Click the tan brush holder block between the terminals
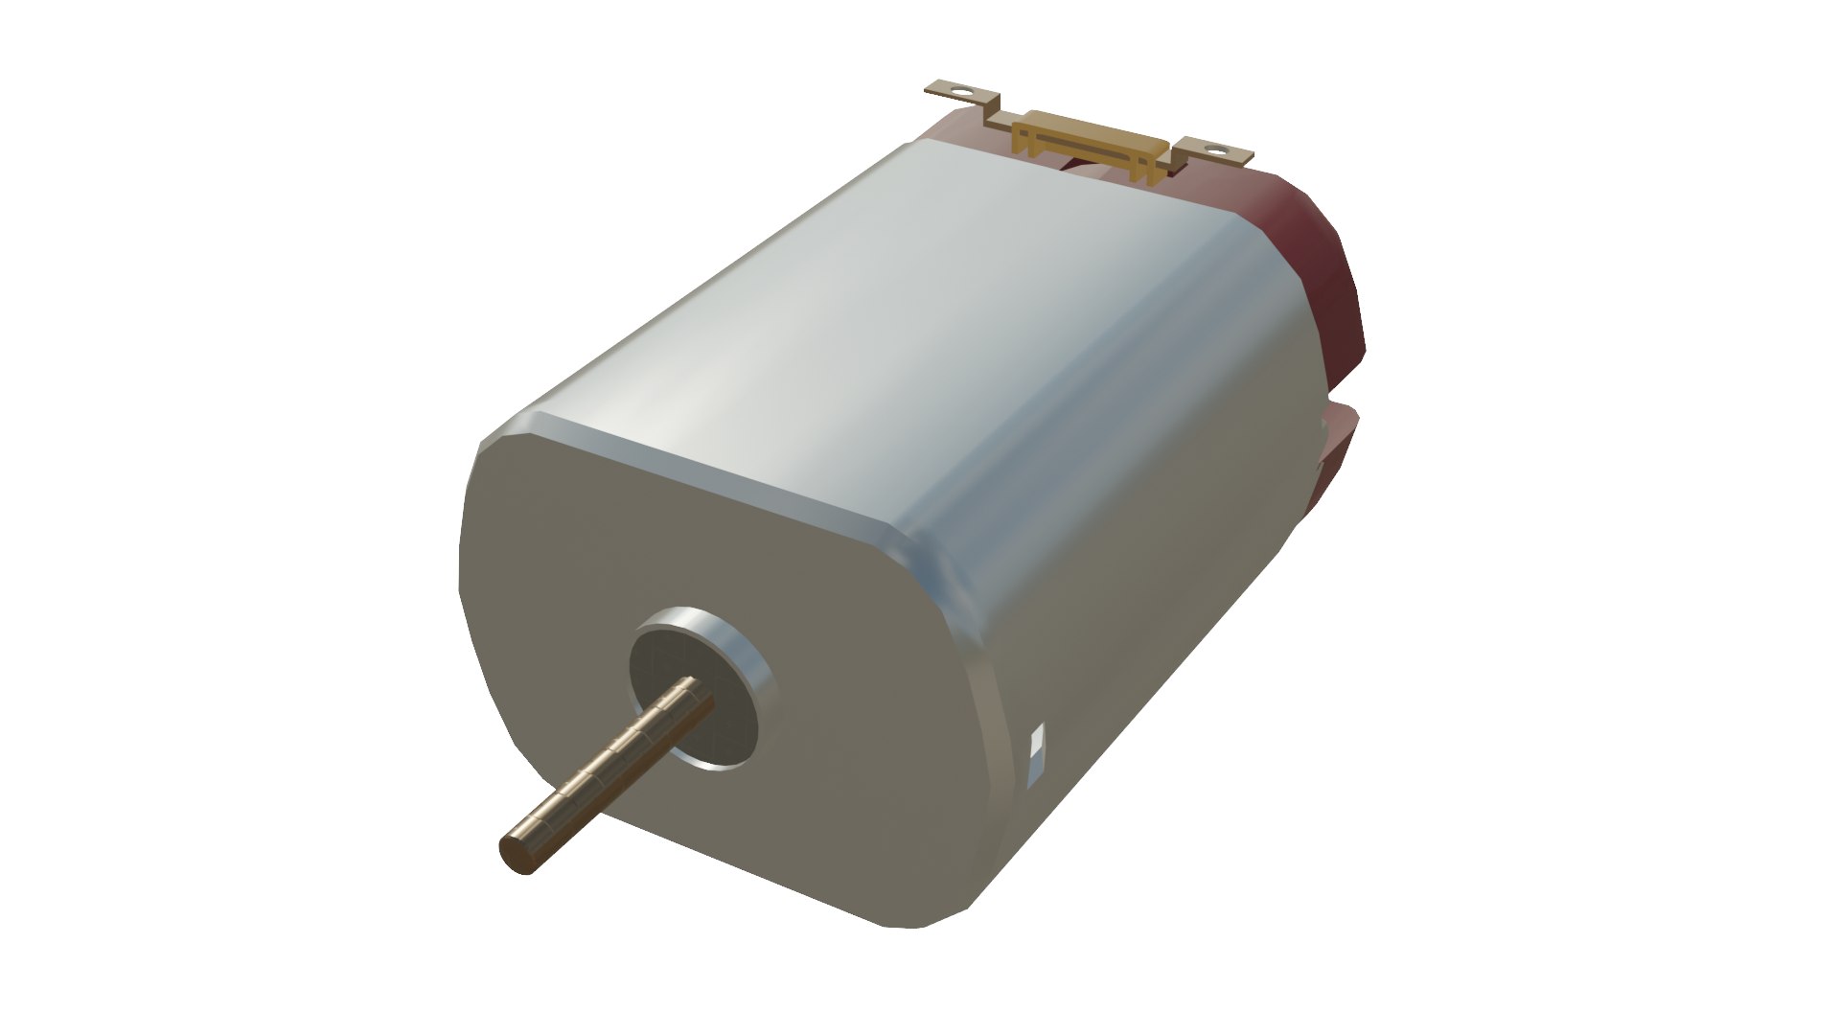tap(1092, 144)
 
